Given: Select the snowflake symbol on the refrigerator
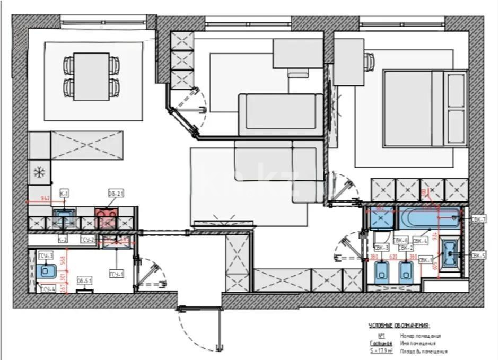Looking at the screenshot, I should coord(39,172).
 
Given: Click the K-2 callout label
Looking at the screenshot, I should coord(63,240).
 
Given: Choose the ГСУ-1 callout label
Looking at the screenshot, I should coord(116,274).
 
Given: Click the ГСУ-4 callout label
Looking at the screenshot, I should coord(48,288).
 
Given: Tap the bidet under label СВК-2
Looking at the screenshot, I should coord(406,271).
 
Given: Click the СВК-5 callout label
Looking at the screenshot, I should coord(478,256).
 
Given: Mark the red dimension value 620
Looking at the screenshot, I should coord(393,257).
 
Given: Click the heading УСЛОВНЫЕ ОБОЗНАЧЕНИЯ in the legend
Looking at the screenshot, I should coord(399,326).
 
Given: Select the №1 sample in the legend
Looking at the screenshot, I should coord(380,336).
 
